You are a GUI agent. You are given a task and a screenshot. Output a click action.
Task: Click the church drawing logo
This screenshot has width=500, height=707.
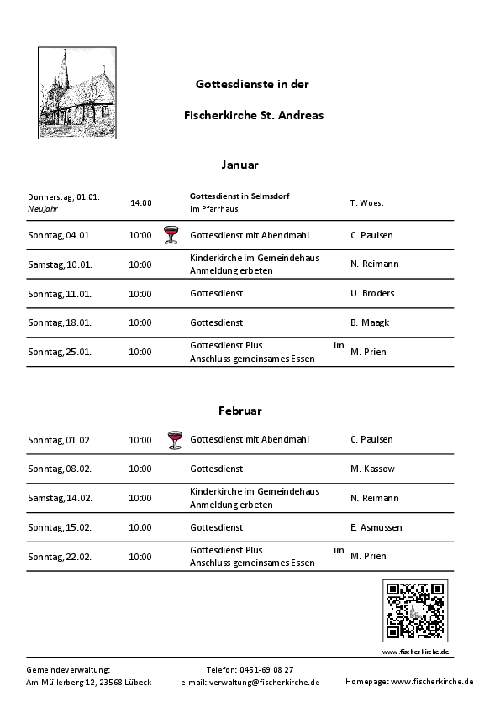[x=77, y=93]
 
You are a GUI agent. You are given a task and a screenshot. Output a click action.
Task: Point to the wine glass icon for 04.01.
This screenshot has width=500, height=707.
[x=171, y=234]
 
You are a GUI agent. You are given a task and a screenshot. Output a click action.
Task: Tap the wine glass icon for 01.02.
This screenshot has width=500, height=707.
[x=174, y=439]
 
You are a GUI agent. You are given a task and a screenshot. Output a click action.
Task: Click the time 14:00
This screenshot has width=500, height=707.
[x=140, y=202]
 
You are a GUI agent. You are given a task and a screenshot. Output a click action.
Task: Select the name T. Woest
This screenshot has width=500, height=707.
[x=366, y=203]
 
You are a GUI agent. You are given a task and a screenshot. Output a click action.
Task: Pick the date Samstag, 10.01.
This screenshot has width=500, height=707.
[x=60, y=264]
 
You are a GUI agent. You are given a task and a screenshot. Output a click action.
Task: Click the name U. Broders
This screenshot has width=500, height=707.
[x=372, y=294]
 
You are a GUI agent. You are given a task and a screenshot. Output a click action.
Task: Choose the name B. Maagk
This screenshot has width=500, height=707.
[x=370, y=322]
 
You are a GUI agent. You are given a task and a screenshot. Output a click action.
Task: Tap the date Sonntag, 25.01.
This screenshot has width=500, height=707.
[x=60, y=352]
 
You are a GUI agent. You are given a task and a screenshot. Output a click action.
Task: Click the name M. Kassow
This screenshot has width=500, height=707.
[x=372, y=469]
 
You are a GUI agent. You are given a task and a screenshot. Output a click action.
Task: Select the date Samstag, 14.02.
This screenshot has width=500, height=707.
[x=60, y=498]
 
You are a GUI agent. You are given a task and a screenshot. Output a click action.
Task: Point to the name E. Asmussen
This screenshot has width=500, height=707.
[x=376, y=527]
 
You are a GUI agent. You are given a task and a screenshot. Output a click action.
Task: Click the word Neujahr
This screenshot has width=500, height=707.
[x=43, y=208]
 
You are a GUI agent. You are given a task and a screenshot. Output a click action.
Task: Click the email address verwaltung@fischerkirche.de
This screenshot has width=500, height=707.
[x=273, y=683]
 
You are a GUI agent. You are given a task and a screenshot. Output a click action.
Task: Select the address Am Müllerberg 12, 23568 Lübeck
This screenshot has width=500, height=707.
[x=89, y=683]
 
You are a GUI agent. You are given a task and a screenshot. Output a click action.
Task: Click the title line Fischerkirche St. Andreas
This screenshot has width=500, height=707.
[x=254, y=114]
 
